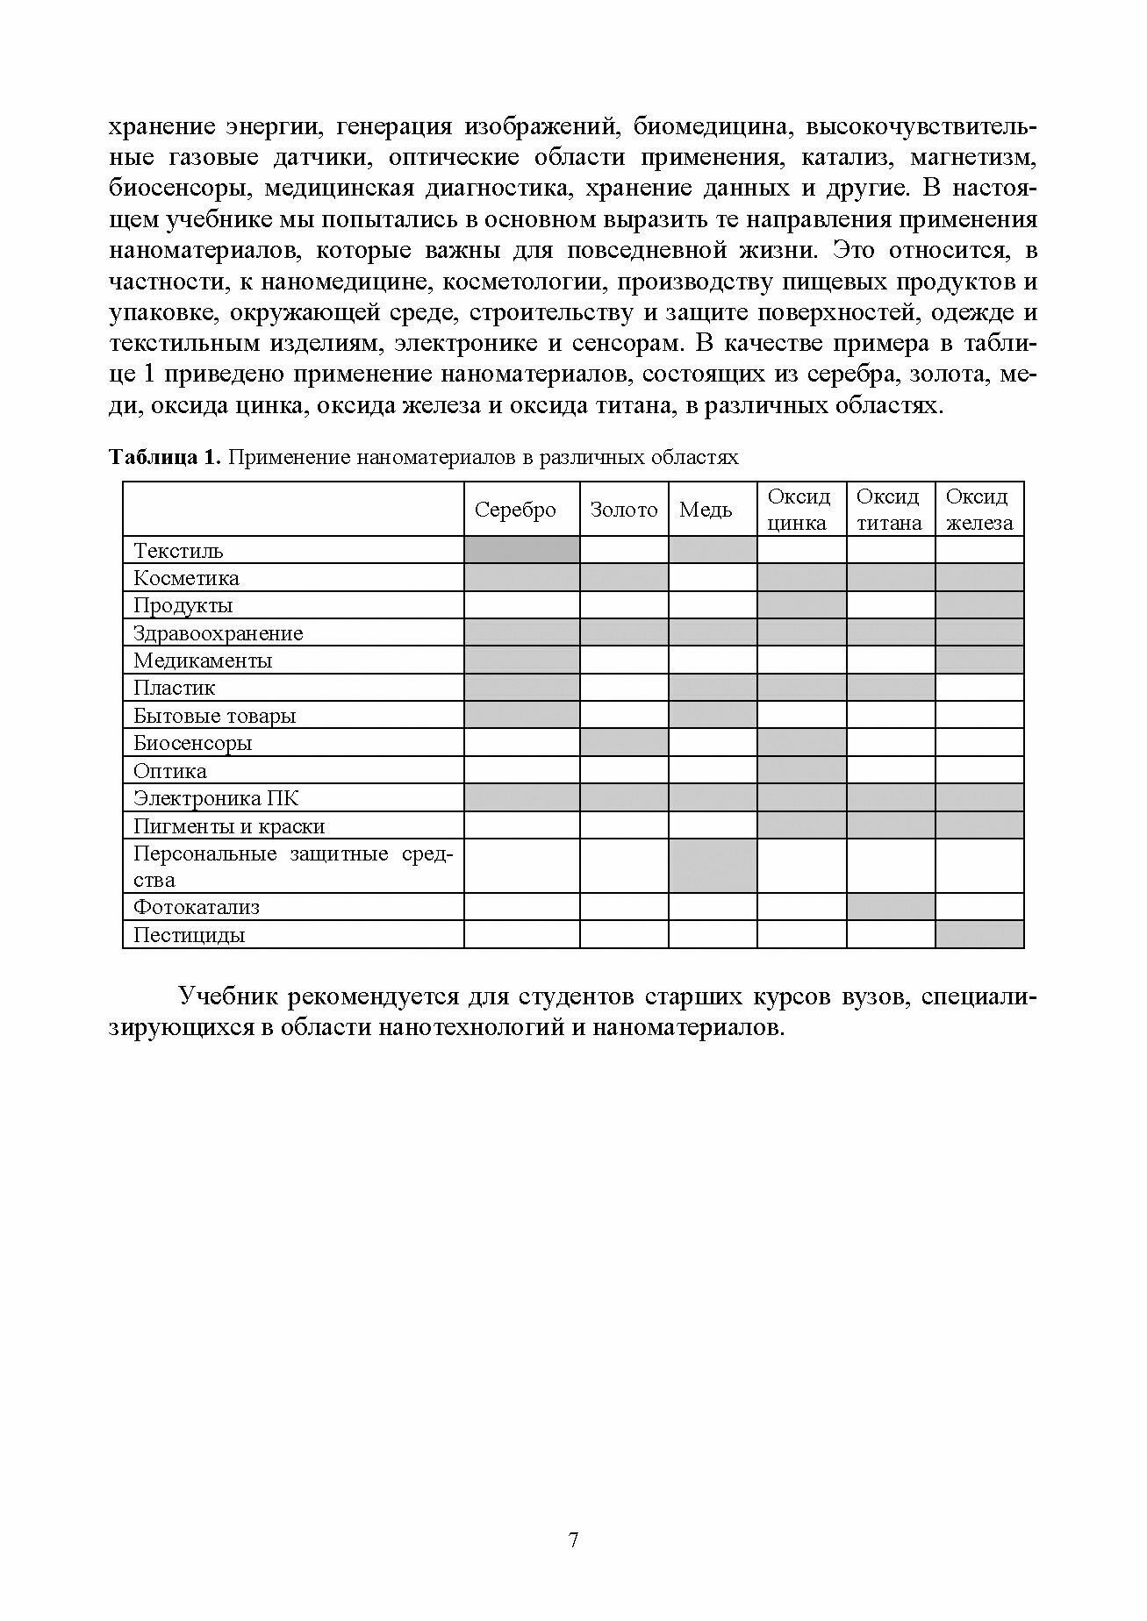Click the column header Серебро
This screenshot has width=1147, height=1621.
(515, 510)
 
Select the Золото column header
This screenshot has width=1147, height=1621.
(623, 510)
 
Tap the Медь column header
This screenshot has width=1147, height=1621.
(706, 510)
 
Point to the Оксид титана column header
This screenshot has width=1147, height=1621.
(889, 510)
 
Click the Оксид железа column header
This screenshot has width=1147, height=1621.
(979, 510)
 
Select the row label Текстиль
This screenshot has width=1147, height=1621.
(178, 551)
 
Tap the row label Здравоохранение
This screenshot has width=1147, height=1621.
(218, 633)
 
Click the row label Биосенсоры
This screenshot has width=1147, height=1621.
(192, 743)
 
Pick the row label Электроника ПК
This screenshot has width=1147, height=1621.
(216, 798)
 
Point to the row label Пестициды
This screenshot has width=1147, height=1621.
(189, 935)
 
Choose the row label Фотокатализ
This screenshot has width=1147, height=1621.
(197, 907)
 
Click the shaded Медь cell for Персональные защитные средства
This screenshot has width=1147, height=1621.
(713, 866)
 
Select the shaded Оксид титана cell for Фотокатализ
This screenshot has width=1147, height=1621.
(890, 907)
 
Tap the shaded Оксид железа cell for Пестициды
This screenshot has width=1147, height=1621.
(979, 935)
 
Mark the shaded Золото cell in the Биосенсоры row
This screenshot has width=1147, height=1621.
(624, 743)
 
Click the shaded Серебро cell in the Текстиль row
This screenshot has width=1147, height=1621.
(521, 551)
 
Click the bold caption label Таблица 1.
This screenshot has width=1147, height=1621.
(163, 457)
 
